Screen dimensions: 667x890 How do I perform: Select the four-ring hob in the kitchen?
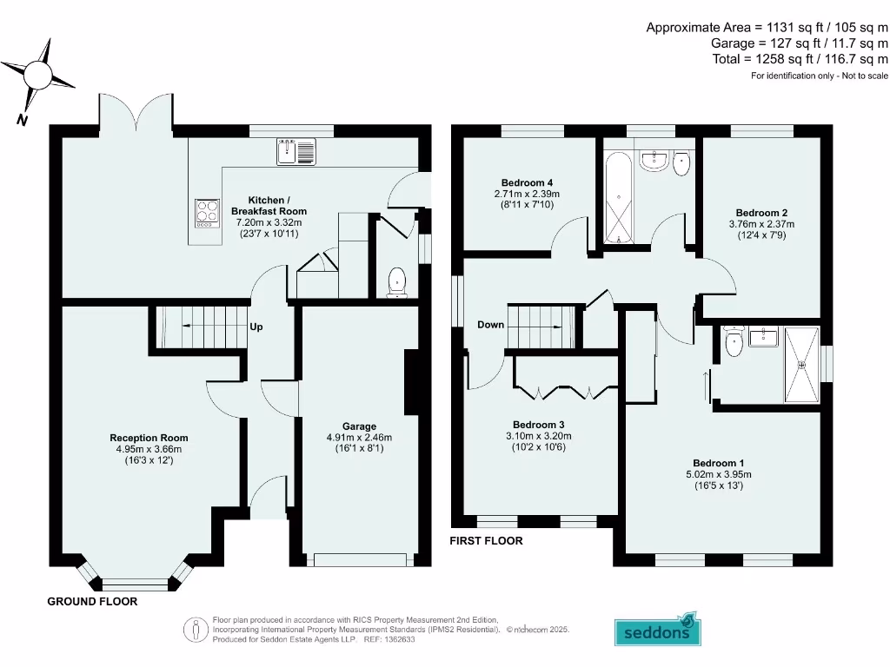click(x=207, y=213)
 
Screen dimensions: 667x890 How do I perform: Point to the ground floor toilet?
click(x=397, y=282)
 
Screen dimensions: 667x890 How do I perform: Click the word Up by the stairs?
click(x=256, y=327)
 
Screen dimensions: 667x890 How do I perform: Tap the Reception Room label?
click(x=149, y=438)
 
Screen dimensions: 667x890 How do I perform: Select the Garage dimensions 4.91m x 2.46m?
click(x=359, y=437)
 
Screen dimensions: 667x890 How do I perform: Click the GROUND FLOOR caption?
click(x=92, y=601)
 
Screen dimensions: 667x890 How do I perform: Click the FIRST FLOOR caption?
click(x=486, y=540)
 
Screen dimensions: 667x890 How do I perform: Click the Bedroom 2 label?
click(x=761, y=213)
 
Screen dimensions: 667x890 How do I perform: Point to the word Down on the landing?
click(x=490, y=325)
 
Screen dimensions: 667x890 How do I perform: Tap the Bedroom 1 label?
click(x=718, y=463)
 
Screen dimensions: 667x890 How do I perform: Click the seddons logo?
click(x=658, y=631)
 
